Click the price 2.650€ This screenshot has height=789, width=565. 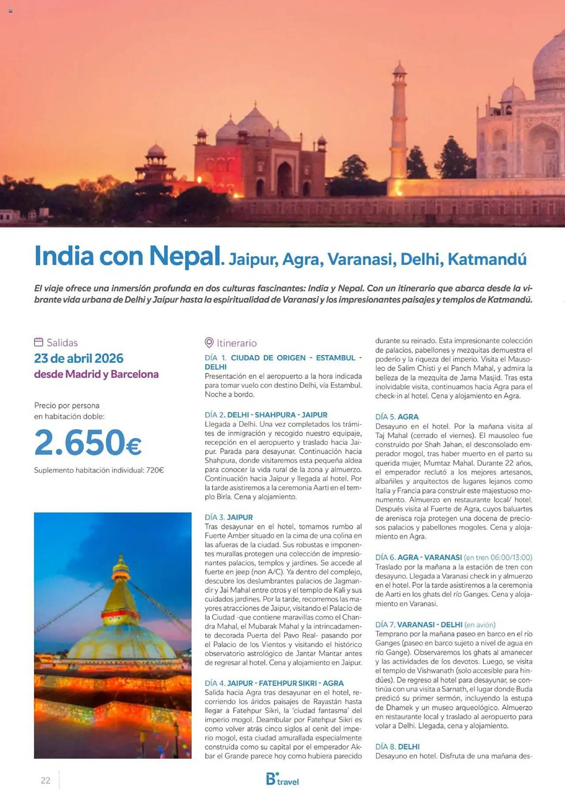tap(88, 443)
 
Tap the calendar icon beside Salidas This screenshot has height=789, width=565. tap(39, 342)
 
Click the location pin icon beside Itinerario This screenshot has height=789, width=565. tap(209, 342)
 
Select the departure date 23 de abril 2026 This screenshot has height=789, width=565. tap(78, 358)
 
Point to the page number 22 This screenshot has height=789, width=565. tap(45, 780)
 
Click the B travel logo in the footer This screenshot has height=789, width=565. tap(282, 779)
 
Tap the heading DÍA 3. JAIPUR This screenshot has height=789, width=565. tap(229, 517)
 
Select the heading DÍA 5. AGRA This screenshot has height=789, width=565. tap(397, 417)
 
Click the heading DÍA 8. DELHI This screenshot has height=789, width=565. tap(397, 747)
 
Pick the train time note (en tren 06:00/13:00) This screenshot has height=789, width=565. tap(498, 557)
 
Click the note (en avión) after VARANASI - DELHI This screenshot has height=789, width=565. tap(480, 624)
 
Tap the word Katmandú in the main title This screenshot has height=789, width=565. tap(487, 260)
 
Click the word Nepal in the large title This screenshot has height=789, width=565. tap(184, 256)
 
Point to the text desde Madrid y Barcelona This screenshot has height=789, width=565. tap(96, 374)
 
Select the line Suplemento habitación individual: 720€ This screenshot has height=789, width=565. tap(99, 470)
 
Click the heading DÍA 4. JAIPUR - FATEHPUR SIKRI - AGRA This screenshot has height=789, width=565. tap(274, 683)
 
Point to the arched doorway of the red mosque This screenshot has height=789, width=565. tap(284, 179)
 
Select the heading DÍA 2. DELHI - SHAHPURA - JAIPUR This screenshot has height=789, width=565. tap(266, 415)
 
